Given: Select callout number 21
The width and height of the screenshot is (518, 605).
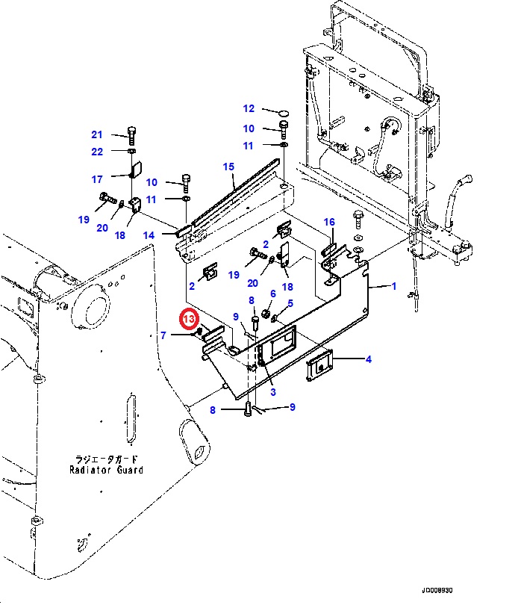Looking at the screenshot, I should [96, 135].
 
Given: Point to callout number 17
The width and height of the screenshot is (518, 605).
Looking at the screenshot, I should [96, 179].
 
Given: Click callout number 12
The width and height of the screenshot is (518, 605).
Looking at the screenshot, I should [249, 109].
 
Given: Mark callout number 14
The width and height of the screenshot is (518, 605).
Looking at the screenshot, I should [149, 235].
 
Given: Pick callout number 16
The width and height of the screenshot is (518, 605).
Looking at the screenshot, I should [329, 222].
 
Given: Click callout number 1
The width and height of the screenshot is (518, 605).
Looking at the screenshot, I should [394, 286].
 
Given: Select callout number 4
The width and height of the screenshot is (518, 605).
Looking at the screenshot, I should [368, 359].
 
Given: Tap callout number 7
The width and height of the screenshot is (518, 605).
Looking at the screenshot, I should [163, 336].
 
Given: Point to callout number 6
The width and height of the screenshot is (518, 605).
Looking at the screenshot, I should [273, 294].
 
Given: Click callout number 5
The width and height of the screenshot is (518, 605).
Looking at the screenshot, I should [290, 303].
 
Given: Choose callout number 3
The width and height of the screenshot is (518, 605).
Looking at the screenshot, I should [273, 391].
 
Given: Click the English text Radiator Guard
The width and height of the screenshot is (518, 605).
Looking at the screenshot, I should [106, 470].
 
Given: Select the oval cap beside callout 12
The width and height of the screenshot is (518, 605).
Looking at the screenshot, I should [284, 111].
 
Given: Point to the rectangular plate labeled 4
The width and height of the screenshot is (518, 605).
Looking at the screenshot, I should [319, 367].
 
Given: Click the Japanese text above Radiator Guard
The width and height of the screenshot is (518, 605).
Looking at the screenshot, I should [106, 459].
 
